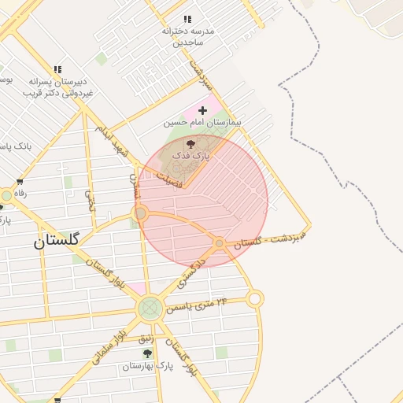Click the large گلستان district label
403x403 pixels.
pos(56,242)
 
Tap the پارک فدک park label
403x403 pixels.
pos(191,157)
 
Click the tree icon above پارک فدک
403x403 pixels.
pos(191,144)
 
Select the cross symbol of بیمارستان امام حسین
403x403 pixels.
pos(203,110)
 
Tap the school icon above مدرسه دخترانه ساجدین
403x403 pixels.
pos(187,19)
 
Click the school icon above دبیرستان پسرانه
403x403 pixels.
pos(57,70)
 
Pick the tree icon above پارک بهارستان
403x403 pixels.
pos(147,353)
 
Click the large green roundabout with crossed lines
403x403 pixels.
pos(150,309)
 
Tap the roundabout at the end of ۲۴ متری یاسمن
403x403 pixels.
pos(254,298)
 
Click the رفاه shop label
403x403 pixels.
pos(20,194)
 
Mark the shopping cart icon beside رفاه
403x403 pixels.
pos(7,194)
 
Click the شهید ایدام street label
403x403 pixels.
pos(110,139)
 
